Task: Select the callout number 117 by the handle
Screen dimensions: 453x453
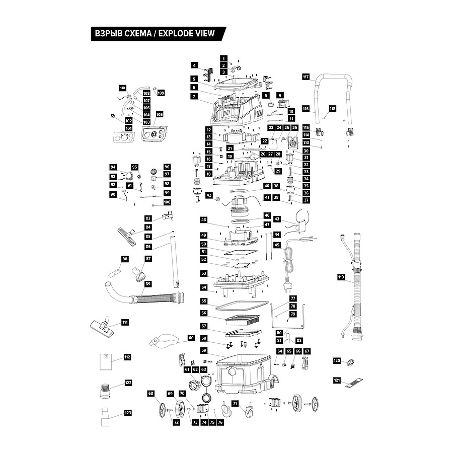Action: [306, 77]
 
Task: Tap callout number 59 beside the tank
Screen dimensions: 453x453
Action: [204, 350]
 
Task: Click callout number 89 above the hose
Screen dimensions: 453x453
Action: [148, 284]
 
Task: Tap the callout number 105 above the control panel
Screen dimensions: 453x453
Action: [160, 114]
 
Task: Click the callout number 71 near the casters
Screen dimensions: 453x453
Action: [235, 403]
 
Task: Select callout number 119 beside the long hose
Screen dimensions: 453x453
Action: [341, 277]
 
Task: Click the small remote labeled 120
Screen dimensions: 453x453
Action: [351, 362]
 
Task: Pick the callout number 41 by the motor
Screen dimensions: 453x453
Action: [267, 198]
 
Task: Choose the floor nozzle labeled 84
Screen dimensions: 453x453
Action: [128, 236]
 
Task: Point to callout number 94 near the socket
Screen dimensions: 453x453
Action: [113, 167]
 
